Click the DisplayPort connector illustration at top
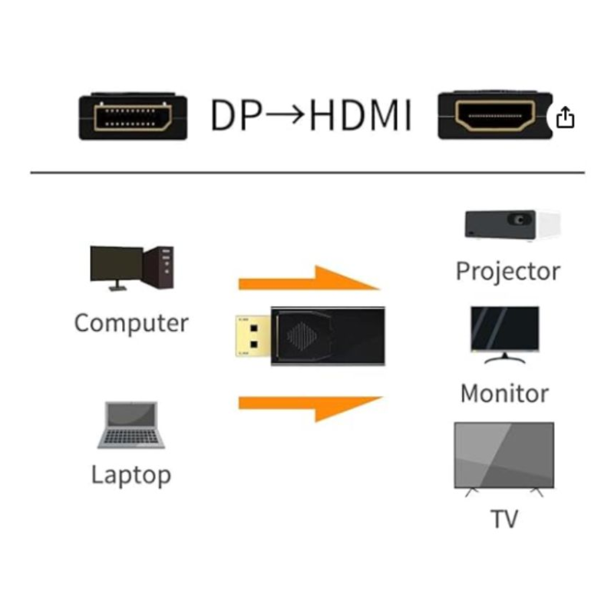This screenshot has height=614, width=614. coord(133,117)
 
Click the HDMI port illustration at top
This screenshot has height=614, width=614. coord(495,115)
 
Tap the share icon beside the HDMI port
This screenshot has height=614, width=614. coord(565,117)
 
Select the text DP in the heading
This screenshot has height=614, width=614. coord(236,115)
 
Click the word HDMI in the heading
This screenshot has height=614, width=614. coord(360,115)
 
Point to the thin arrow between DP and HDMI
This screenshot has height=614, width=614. coord(285,114)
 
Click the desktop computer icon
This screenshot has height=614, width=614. coord(132,268)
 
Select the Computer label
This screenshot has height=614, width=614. coord(131,323)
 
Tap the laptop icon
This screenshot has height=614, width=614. coord(131,425)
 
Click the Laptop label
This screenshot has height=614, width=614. coord(131,475)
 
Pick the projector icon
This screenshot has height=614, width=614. coord(513,225)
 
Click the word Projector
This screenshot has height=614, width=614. coord(508,272)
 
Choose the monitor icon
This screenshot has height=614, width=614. coord(505,335)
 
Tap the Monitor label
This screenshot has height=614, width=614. coord(505,394)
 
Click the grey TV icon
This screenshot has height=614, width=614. coord(504,459)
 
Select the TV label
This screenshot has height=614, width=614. coord(504,519)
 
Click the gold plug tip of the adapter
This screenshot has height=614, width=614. coord(253,336)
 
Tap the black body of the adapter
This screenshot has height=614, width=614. coord(328,336)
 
